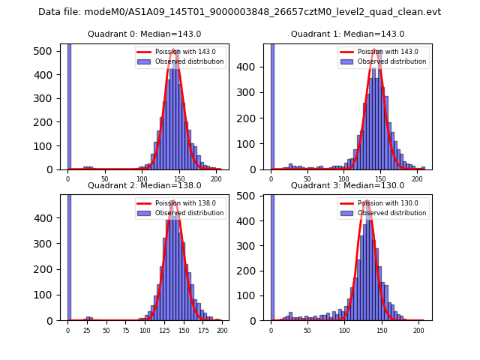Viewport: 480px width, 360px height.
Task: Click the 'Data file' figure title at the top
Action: click(x=239, y=12)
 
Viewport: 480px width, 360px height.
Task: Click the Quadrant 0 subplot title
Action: click(x=145, y=34)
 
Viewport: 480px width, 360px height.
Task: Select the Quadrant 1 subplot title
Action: click(x=347, y=34)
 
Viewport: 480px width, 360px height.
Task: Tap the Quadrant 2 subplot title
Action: click(x=145, y=185)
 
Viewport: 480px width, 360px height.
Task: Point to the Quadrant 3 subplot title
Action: click(x=347, y=185)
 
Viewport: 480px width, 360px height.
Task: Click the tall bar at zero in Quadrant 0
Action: click(x=69, y=105)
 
